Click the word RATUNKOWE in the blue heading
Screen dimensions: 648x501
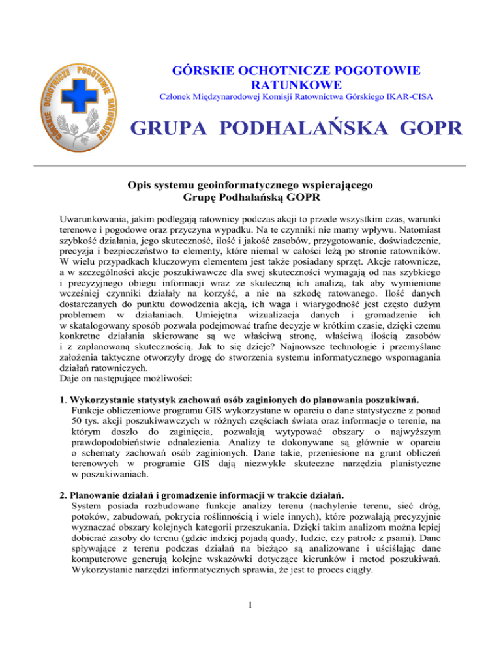coord(297,85)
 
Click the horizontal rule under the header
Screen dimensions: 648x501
coord(250,167)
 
